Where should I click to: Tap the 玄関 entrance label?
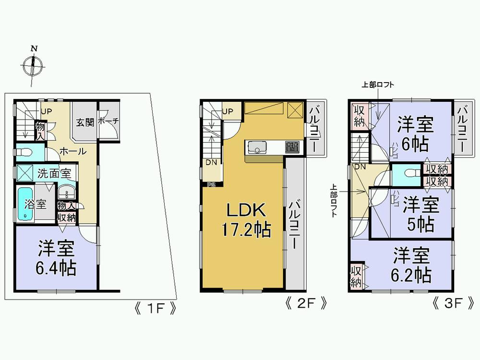[x=85, y=122]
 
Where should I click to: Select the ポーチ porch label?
[x=108, y=122]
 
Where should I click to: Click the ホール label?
[x=73, y=152]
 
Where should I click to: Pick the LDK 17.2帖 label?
[x=243, y=219]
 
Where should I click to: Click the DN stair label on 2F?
[x=211, y=162]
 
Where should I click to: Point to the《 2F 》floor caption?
[x=307, y=304]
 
